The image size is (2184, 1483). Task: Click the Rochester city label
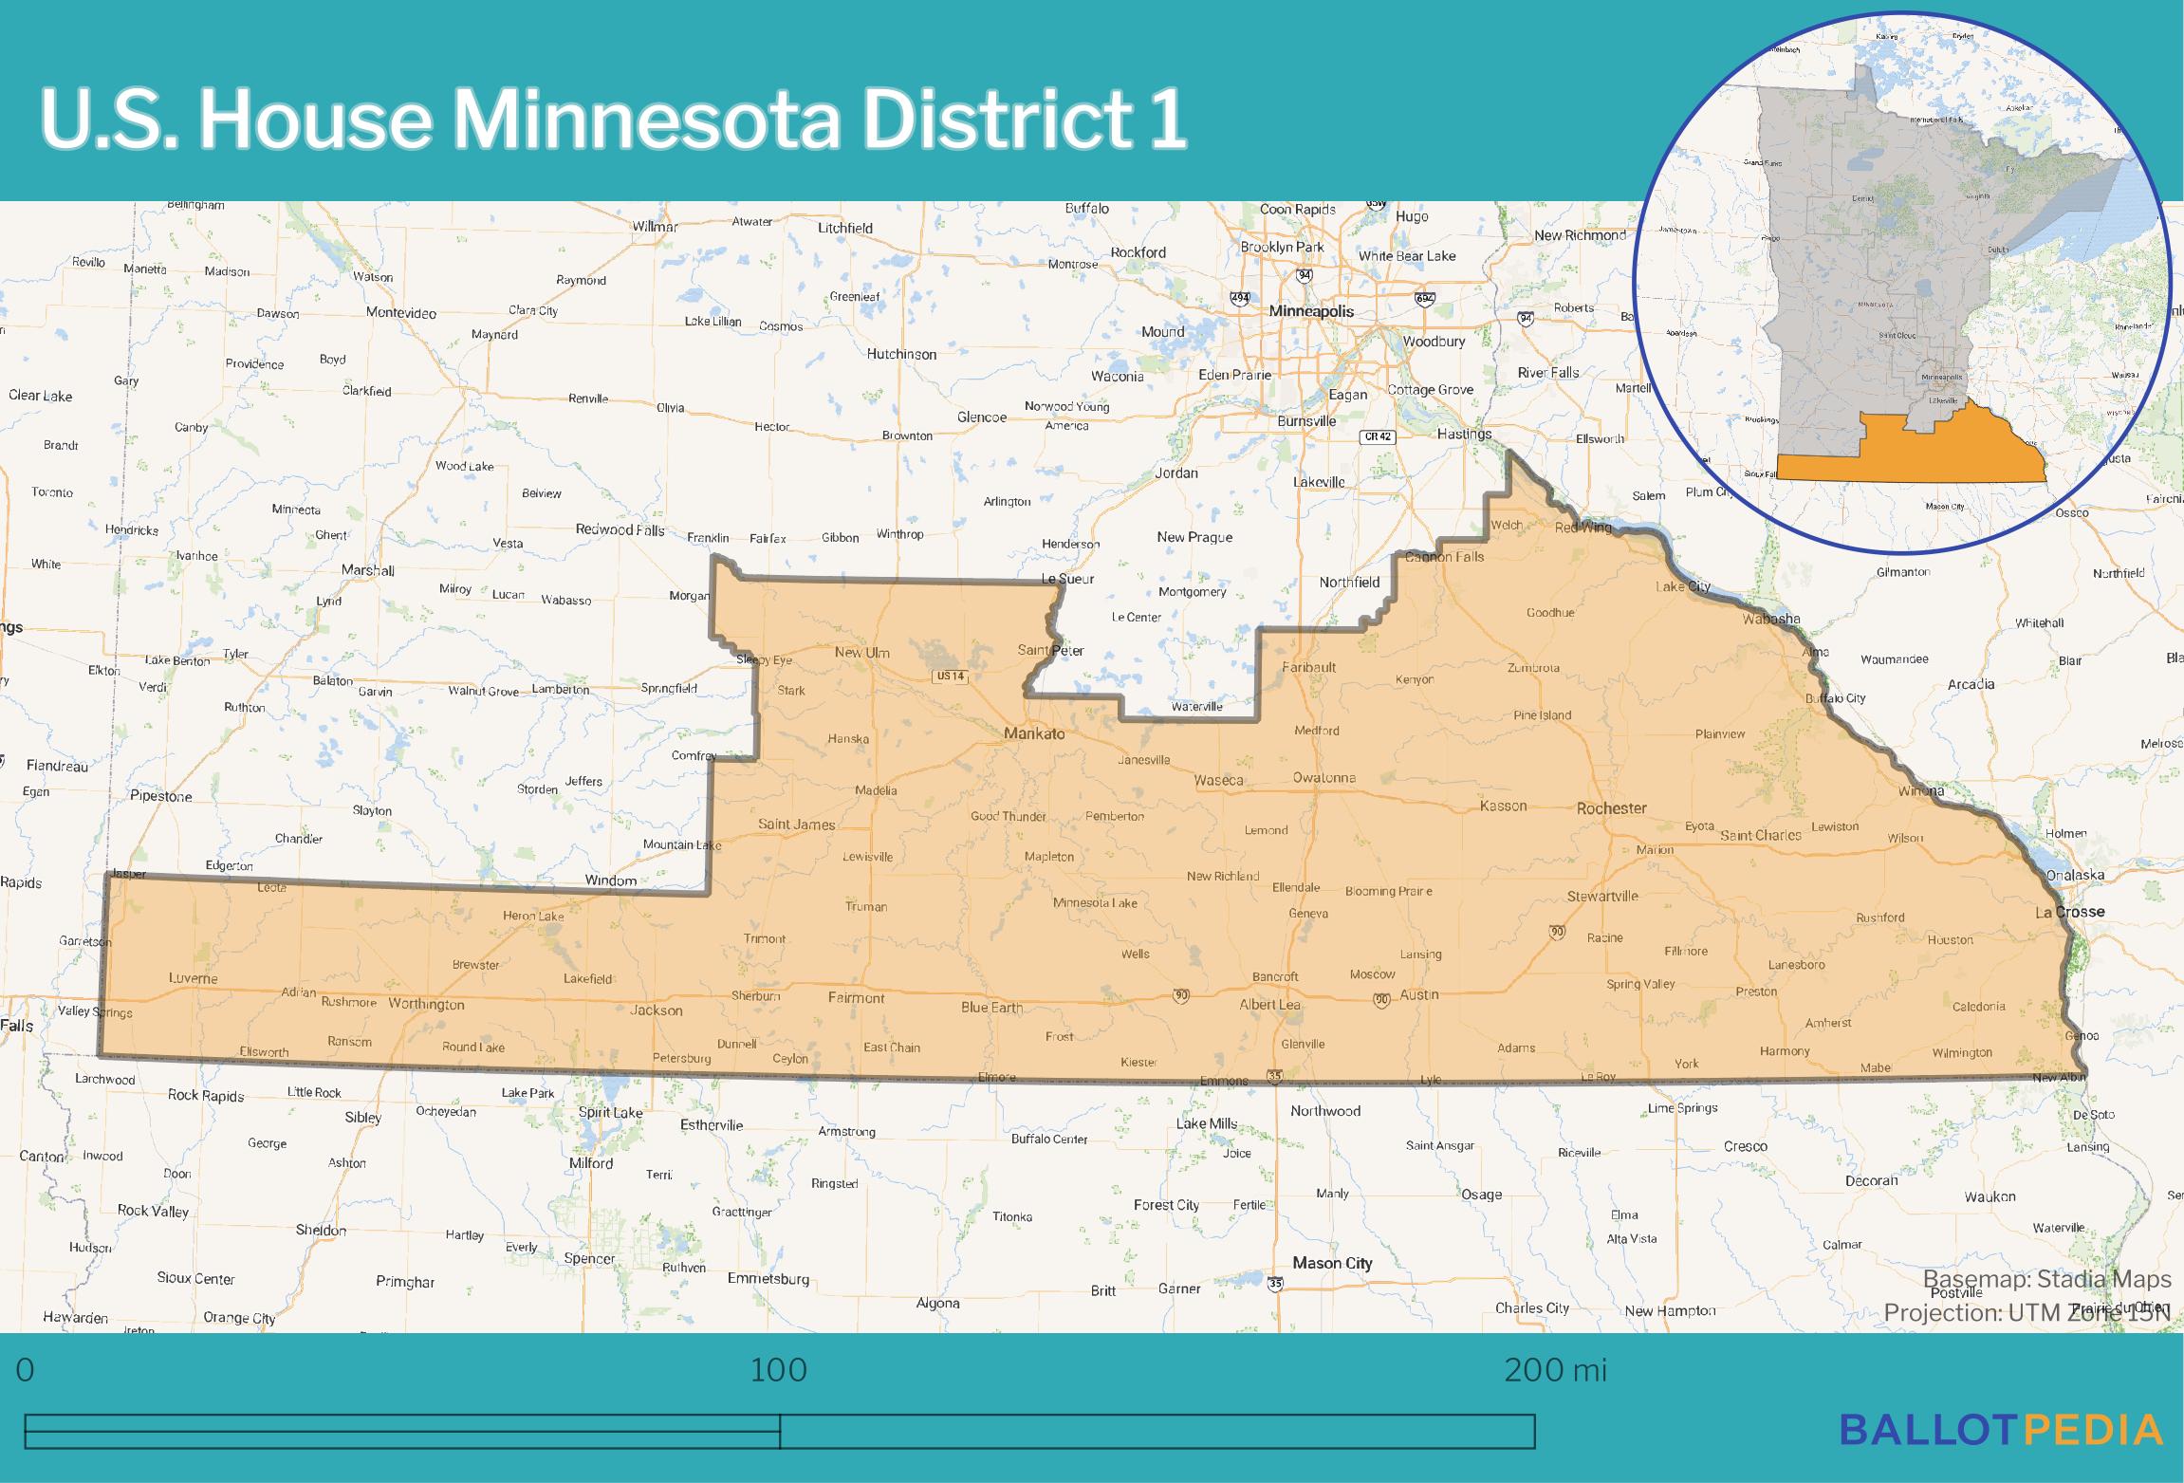(x=1611, y=808)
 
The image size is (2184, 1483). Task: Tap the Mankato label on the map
(x=1034, y=733)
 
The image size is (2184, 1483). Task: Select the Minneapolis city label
(x=1311, y=311)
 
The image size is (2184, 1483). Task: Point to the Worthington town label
(x=426, y=1004)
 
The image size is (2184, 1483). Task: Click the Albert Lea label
(x=1269, y=1004)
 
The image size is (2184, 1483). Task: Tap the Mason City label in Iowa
(x=1331, y=1263)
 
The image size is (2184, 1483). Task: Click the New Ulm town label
(x=861, y=653)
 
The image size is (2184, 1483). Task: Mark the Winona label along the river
(x=1921, y=790)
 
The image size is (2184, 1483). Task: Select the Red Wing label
(x=1582, y=528)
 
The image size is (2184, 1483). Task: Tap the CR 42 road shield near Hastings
(x=1378, y=437)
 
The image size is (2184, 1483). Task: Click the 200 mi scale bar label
(x=1555, y=1370)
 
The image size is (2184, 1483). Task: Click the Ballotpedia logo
(x=2001, y=1429)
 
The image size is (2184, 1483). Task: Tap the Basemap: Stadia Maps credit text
(x=2045, y=1280)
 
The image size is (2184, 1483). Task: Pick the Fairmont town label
(x=856, y=997)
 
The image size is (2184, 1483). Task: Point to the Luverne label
(x=193, y=978)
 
